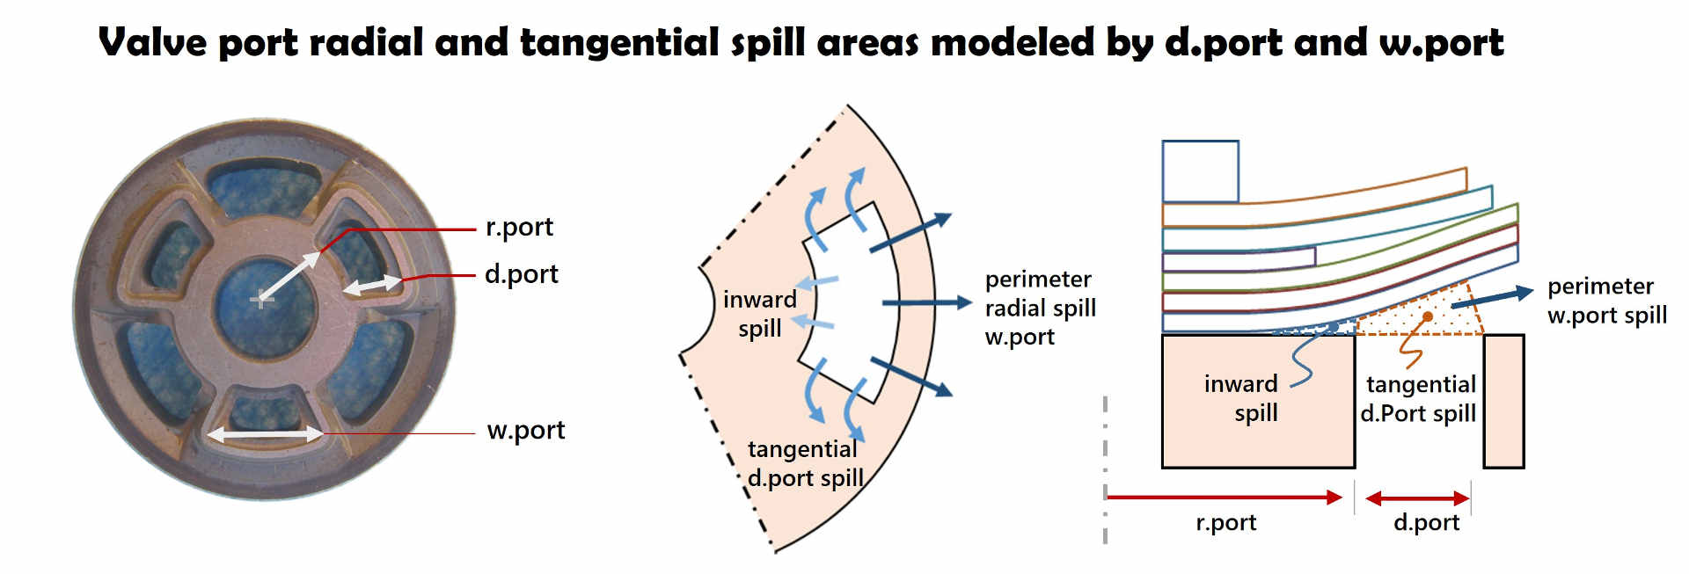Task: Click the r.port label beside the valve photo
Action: click(x=519, y=227)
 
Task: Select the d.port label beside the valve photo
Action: click(x=521, y=274)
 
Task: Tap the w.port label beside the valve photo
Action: click(x=525, y=430)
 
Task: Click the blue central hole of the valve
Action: click(x=264, y=303)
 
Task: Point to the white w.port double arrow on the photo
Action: click(x=265, y=434)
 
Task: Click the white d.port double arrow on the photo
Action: click(x=373, y=285)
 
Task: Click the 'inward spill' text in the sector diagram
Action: click(x=759, y=314)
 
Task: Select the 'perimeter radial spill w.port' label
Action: click(x=1040, y=308)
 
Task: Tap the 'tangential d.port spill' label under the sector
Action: click(x=804, y=463)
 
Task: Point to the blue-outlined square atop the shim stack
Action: click(x=1200, y=171)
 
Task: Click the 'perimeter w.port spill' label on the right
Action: click(x=1606, y=301)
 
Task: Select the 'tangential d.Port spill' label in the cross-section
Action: click(x=1419, y=398)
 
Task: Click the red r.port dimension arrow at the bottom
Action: click(x=1224, y=498)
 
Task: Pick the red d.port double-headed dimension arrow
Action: click(x=1417, y=498)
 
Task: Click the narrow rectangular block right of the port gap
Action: click(x=1503, y=401)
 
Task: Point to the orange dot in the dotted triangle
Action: click(x=1428, y=316)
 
